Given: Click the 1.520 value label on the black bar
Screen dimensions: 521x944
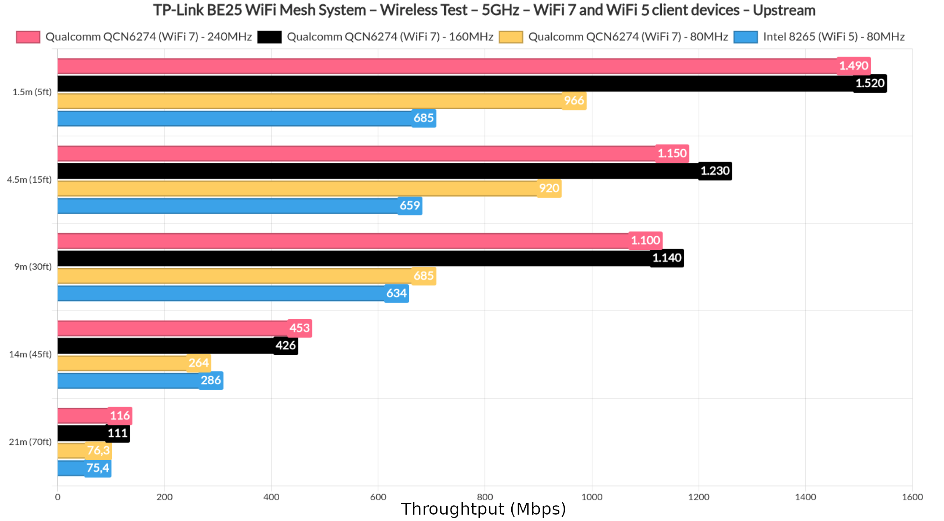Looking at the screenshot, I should point(870,83).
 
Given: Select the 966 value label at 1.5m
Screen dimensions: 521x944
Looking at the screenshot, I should point(574,101).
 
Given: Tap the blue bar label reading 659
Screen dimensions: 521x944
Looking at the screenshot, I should point(410,206).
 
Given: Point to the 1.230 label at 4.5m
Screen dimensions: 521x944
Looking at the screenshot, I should point(715,171).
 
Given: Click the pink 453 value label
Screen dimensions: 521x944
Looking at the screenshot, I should point(300,328).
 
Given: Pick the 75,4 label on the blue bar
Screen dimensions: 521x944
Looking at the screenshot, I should point(98,468).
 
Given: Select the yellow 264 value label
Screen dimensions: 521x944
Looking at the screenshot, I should point(198,363).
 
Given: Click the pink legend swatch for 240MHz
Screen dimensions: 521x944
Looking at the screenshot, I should point(28,37).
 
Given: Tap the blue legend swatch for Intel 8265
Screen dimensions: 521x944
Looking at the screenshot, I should point(746,37).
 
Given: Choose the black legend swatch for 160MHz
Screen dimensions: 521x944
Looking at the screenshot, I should point(269,37).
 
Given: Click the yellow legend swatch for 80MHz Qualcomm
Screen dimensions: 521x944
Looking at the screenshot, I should point(511,37).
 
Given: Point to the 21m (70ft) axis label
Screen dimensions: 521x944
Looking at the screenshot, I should point(30,442).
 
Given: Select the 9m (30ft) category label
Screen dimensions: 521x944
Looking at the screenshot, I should point(33,267).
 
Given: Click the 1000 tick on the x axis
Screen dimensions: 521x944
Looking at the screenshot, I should point(592,497).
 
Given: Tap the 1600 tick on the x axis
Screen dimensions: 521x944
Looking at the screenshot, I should point(912,497).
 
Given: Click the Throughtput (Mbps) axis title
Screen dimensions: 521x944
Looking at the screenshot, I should point(483,509).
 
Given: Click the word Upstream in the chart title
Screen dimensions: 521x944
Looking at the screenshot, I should point(784,10).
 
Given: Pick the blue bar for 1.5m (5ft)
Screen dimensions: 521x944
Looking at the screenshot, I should point(234,119).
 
